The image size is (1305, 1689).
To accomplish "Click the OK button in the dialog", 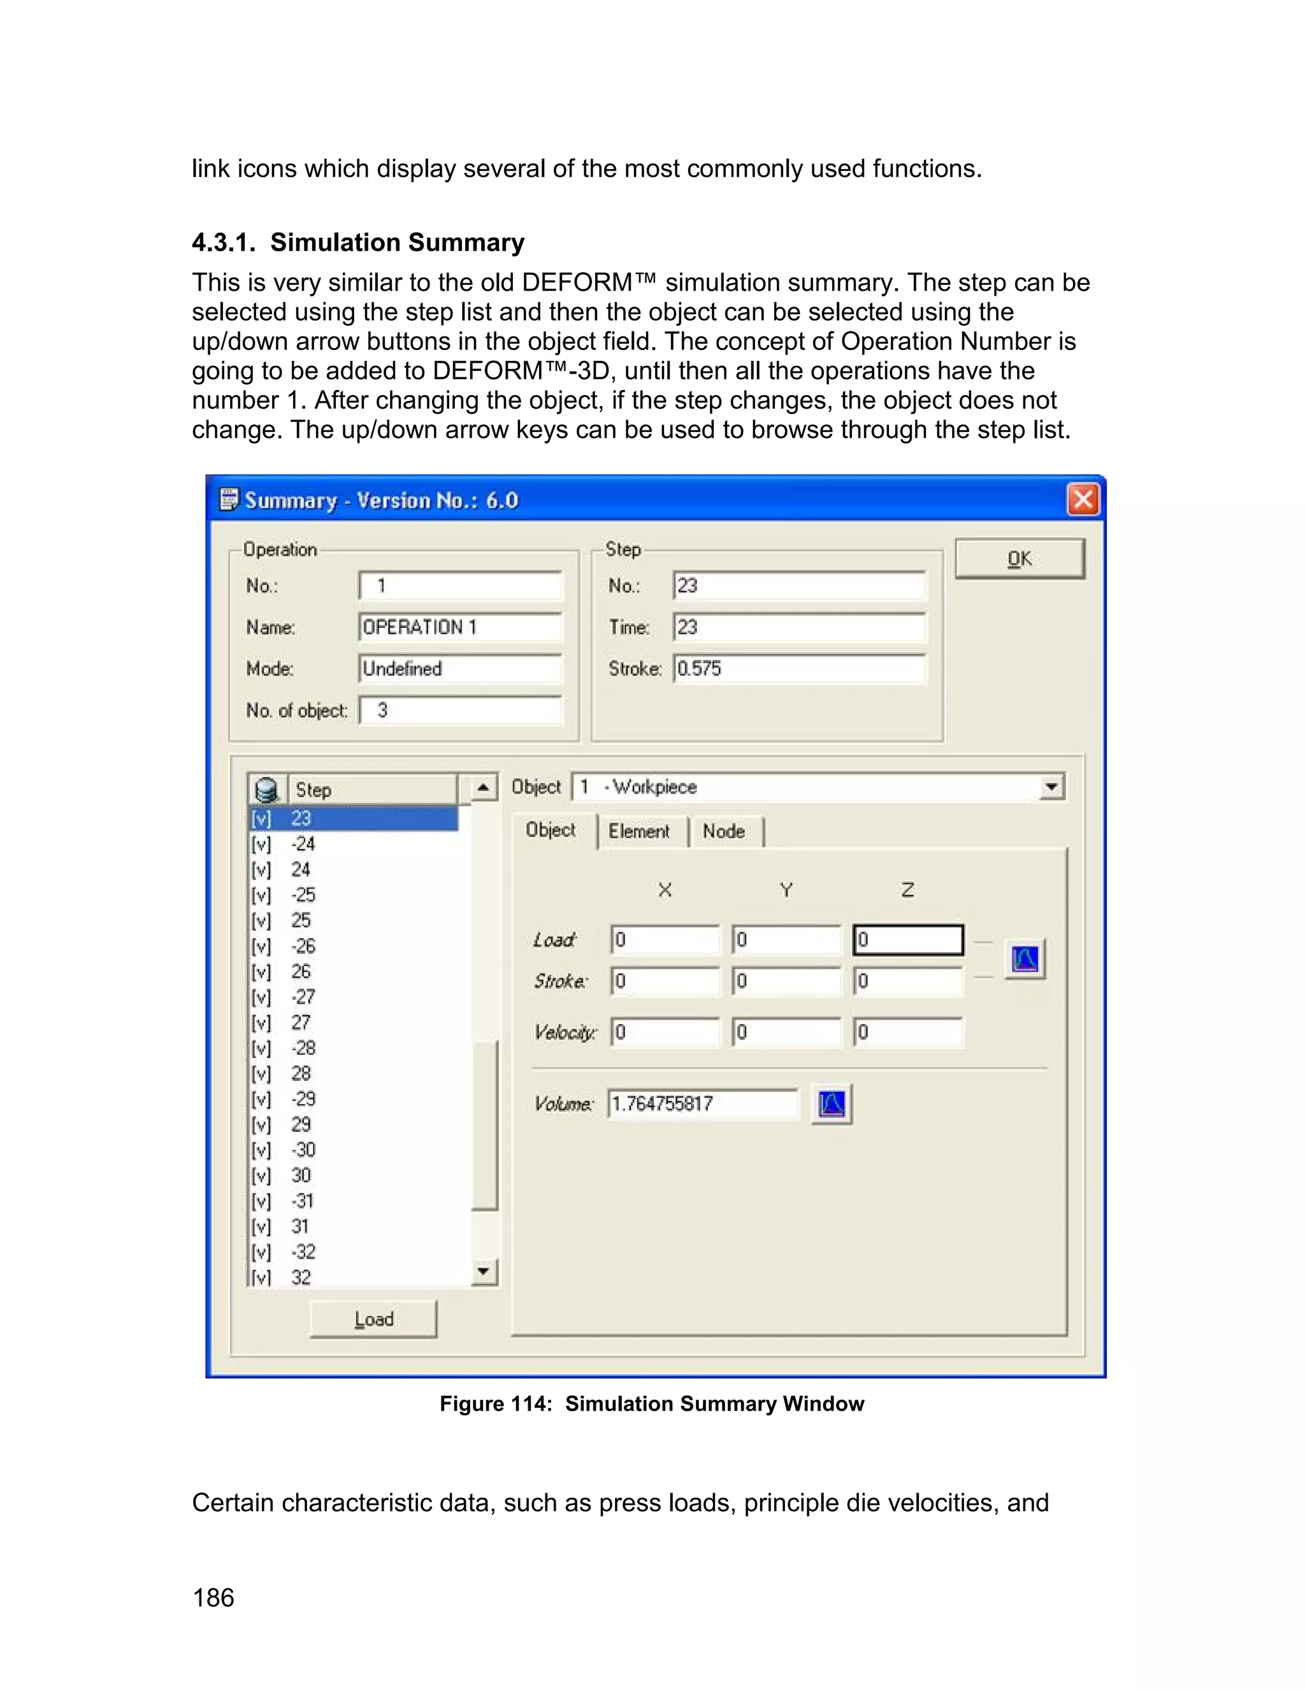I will [1019, 558].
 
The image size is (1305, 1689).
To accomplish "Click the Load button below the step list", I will [373, 1319].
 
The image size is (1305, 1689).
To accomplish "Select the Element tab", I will [638, 831].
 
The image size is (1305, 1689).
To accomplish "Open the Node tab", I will [724, 831].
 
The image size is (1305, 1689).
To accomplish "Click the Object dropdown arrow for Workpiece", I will [1051, 787].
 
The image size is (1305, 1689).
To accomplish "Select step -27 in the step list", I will [303, 997].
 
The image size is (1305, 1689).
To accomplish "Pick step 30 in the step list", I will [301, 1175].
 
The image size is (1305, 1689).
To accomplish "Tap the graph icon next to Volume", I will [832, 1103].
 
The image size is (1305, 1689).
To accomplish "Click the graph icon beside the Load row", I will [1025, 960].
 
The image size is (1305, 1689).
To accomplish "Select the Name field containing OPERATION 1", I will [460, 627].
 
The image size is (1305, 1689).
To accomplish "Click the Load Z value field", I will [907, 939].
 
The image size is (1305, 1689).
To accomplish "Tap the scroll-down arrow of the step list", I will [484, 1271].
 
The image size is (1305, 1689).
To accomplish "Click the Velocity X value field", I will [665, 1033].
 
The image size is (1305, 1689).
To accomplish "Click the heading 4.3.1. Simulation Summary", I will [358, 242].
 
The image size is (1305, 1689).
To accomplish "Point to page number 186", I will [213, 1598].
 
